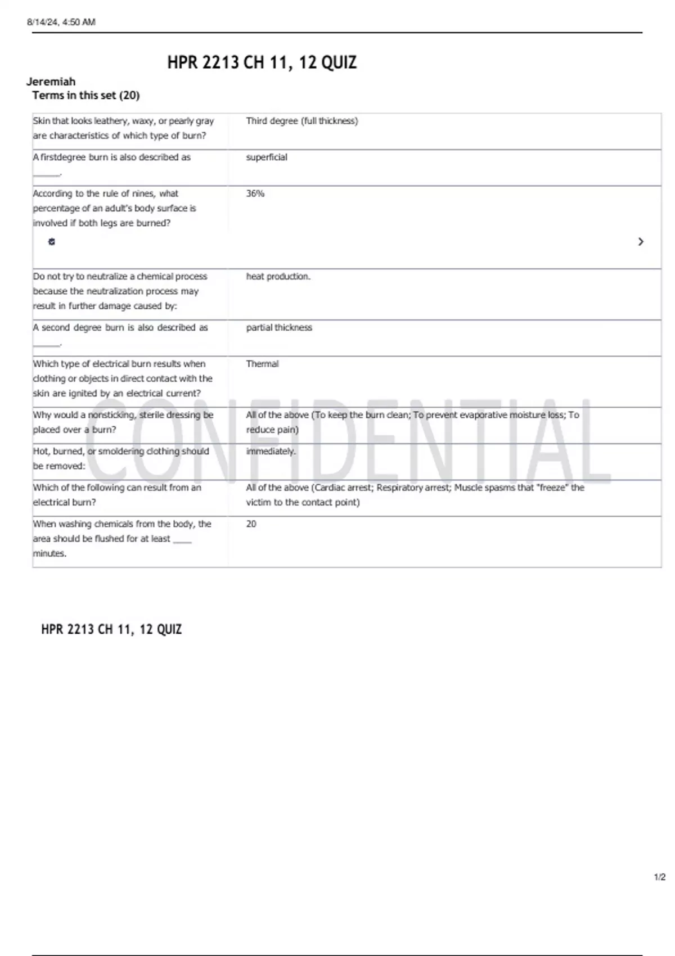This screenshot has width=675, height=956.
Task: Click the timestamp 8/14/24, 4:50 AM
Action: pyautogui.click(x=61, y=22)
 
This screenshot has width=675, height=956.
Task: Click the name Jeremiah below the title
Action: pyautogui.click(x=51, y=82)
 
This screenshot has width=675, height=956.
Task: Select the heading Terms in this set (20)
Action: pyautogui.click(x=85, y=96)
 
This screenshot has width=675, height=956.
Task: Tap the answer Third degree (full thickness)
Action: pyautogui.click(x=301, y=121)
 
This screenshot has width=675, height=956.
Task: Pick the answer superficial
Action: pyautogui.click(x=266, y=157)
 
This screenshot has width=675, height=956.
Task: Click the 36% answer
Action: pyautogui.click(x=255, y=193)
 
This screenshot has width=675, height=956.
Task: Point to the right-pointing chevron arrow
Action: pyautogui.click(x=641, y=242)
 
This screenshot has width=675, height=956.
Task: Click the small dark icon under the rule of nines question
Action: pyautogui.click(x=52, y=242)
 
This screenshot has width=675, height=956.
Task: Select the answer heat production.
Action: pyautogui.click(x=278, y=277)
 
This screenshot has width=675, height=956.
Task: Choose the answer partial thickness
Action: pyautogui.click(x=278, y=328)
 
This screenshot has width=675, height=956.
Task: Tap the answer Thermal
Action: pyautogui.click(x=262, y=364)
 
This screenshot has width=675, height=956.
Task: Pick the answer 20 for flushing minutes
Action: pyautogui.click(x=251, y=524)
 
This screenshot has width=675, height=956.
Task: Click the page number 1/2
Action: pyautogui.click(x=659, y=877)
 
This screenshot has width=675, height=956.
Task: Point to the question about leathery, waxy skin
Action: pyautogui.click(x=123, y=128)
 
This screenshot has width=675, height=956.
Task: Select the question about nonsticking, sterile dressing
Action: pyautogui.click(x=123, y=422)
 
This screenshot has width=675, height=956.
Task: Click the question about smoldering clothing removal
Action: pyautogui.click(x=120, y=458)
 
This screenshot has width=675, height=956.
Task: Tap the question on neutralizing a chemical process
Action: pyautogui.click(x=120, y=291)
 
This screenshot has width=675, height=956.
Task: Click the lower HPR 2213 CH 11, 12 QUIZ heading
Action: pyautogui.click(x=111, y=629)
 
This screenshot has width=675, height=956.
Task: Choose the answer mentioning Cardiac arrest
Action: pyautogui.click(x=415, y=495)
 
